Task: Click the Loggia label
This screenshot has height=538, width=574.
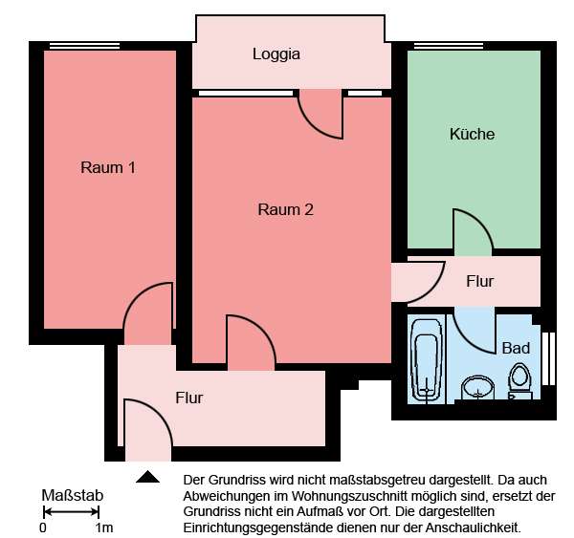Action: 276,54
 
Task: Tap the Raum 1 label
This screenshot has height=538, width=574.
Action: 107,168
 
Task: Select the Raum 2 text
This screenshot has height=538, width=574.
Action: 286,210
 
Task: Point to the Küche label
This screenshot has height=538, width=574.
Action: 472,135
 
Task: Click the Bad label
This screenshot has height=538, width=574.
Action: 516,348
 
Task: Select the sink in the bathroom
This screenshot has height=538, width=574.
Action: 476,389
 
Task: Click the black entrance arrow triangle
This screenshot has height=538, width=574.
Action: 148,477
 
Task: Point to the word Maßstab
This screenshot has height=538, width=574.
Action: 73,496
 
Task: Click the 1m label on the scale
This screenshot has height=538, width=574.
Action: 103,527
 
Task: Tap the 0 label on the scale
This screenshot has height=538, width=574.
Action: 43,527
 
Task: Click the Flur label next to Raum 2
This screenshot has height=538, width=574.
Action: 479,282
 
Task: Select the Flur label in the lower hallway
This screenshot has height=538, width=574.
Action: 189,398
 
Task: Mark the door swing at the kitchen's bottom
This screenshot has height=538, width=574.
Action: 472,235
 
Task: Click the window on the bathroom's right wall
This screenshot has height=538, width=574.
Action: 548,357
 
